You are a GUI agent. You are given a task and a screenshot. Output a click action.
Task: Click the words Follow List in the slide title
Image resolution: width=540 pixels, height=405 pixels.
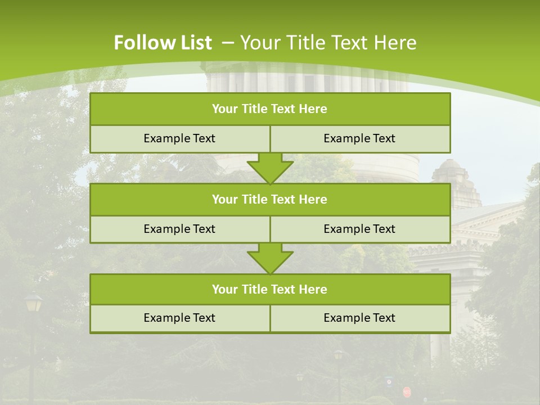point(163,43)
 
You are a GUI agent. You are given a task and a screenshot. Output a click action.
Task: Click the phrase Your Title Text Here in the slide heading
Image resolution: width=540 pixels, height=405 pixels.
point(328,43)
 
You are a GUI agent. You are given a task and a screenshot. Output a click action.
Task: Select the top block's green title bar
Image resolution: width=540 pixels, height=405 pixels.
point(270,109)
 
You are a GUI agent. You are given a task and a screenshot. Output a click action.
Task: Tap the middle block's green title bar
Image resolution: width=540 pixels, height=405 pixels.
point(270,199)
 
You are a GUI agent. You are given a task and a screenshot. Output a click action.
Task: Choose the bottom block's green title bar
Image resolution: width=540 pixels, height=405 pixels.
point(270,289)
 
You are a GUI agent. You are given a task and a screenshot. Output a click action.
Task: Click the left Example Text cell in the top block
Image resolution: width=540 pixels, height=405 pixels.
point(179,138)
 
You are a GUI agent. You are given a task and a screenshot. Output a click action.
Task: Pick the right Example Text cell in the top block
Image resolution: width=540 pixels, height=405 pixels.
point(359,138)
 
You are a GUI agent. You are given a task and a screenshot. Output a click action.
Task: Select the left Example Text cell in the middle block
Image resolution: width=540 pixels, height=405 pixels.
point(179,229)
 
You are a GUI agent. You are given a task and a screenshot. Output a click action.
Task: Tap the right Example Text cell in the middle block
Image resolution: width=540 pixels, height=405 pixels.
point(359,229)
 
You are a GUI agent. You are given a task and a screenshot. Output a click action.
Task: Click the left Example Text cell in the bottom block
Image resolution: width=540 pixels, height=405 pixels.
point(179,318)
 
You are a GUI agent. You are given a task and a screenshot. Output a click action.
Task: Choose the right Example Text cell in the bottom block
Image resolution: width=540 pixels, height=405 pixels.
point(359,318)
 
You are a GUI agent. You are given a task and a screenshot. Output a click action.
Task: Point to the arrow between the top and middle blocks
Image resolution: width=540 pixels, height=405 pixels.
point(270,168)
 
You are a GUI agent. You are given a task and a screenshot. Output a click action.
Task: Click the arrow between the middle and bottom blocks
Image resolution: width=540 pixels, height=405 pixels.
point(270,258)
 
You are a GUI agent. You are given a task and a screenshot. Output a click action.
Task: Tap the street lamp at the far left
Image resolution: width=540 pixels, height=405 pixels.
point(33,304)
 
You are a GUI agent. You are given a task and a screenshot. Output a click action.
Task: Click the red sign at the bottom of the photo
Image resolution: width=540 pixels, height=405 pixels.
point(407,391)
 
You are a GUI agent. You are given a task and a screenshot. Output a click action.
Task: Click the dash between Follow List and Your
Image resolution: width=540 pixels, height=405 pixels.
point(228,43)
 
